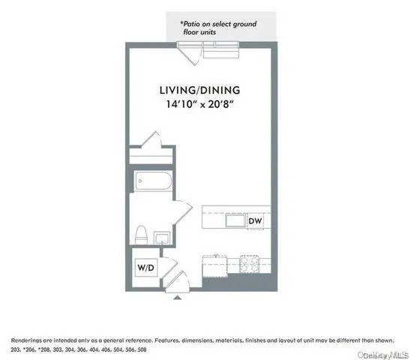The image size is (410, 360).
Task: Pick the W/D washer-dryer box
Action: pyautogui.click(x=145, y=268)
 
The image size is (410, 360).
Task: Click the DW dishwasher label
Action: pyautogui.click(x=256, y=220)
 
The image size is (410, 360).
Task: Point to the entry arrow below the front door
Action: pyautogui.click(x=177, y=297)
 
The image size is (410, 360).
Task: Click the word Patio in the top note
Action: pyautogui.click(x=193, y=24)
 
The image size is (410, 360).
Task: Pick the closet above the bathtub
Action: pyautogui.click(x=151, y=157)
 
